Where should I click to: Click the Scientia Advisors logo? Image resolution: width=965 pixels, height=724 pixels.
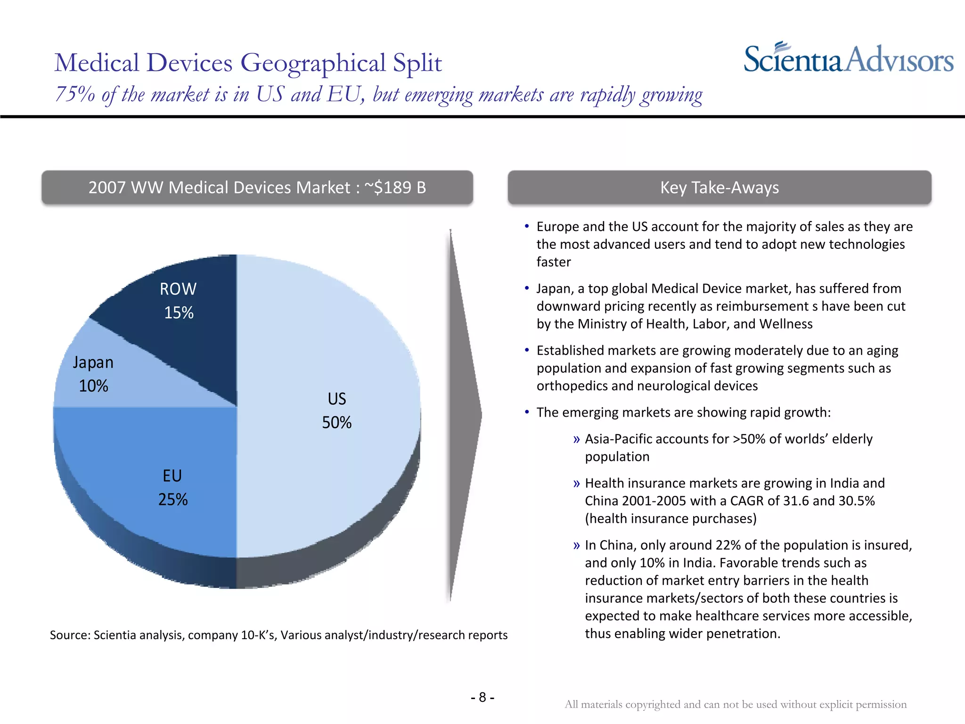(x=848, y=59)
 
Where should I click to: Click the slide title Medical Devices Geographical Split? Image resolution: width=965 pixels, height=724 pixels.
(x=248, y=63)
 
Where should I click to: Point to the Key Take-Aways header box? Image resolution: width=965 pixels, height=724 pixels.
(x=719, y=188)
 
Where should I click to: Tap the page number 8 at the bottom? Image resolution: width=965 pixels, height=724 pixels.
(x=482, y=697)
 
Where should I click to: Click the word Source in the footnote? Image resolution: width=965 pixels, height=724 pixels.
(x=69, y=635)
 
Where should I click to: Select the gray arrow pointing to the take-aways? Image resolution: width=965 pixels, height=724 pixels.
(x=464, y=415)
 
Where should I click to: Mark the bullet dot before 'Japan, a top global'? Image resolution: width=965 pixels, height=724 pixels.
(x=527, y=288)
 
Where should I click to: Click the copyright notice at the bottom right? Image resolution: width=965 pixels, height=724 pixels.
(x=736, y=704)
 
